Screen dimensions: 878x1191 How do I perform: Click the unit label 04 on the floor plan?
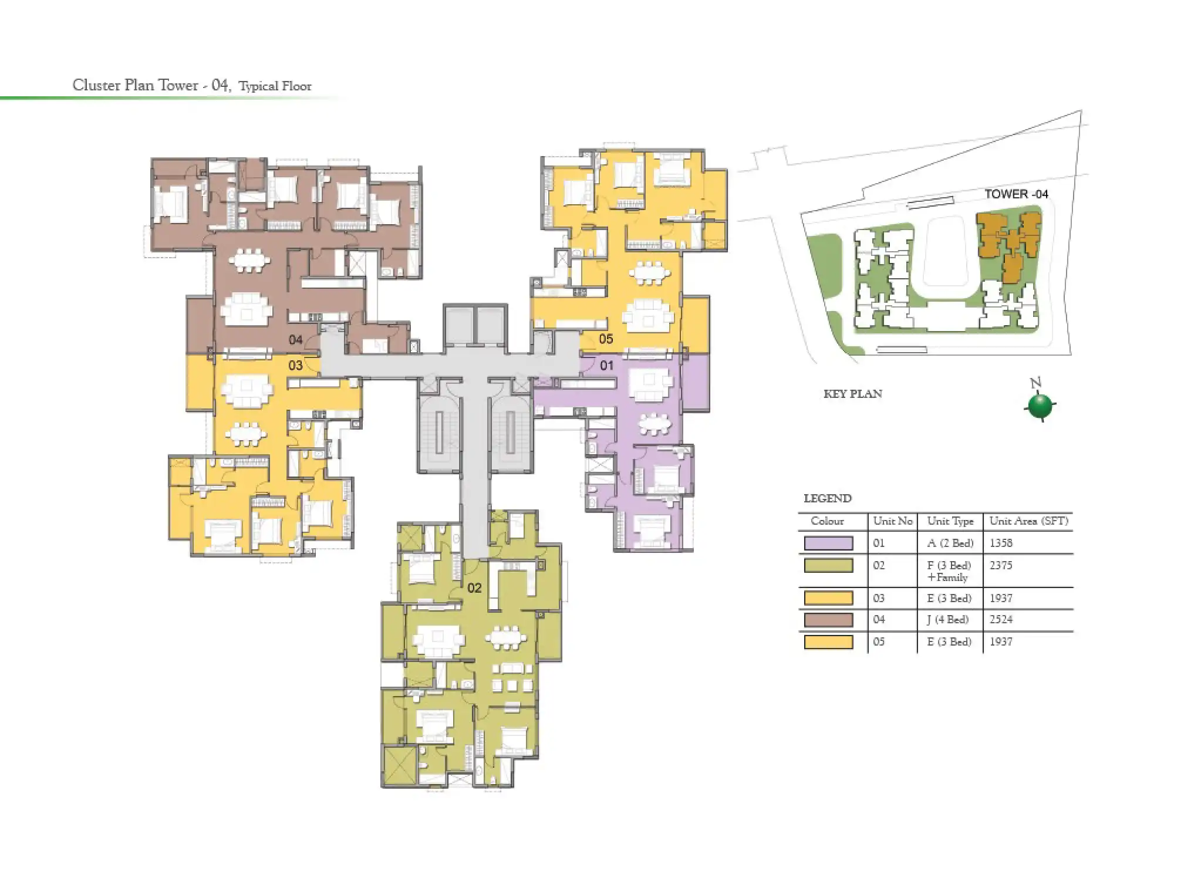[x=295, y=340]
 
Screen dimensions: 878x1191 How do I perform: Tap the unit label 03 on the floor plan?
[x=295, y=366]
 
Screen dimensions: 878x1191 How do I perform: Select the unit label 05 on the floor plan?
[x=606, y=339]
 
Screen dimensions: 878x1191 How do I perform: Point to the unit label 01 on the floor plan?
[x=606, y=366]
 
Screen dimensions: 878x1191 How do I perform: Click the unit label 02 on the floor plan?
[x=474, y=587]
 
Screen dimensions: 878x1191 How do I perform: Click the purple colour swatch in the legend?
[x=828, y=543]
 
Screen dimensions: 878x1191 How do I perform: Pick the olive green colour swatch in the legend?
[x=828, y=566]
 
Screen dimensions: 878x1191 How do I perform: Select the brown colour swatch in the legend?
[x=828, y=620]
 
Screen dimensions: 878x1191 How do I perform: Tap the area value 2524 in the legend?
[x=1001, y=620]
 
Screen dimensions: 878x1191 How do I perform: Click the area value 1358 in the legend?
[x=1001, y=543]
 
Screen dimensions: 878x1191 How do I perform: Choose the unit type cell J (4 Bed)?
[x=949, y=620]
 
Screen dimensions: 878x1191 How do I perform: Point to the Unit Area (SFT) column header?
[x=1028, y=521]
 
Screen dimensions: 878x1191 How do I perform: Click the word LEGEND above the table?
[x=827, y=499]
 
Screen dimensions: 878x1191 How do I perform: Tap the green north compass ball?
[x=1040, y=406]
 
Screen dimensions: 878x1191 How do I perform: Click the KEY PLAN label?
[x=852, y=394]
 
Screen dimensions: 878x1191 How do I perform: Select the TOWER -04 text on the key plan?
[x=1016, y=194]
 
